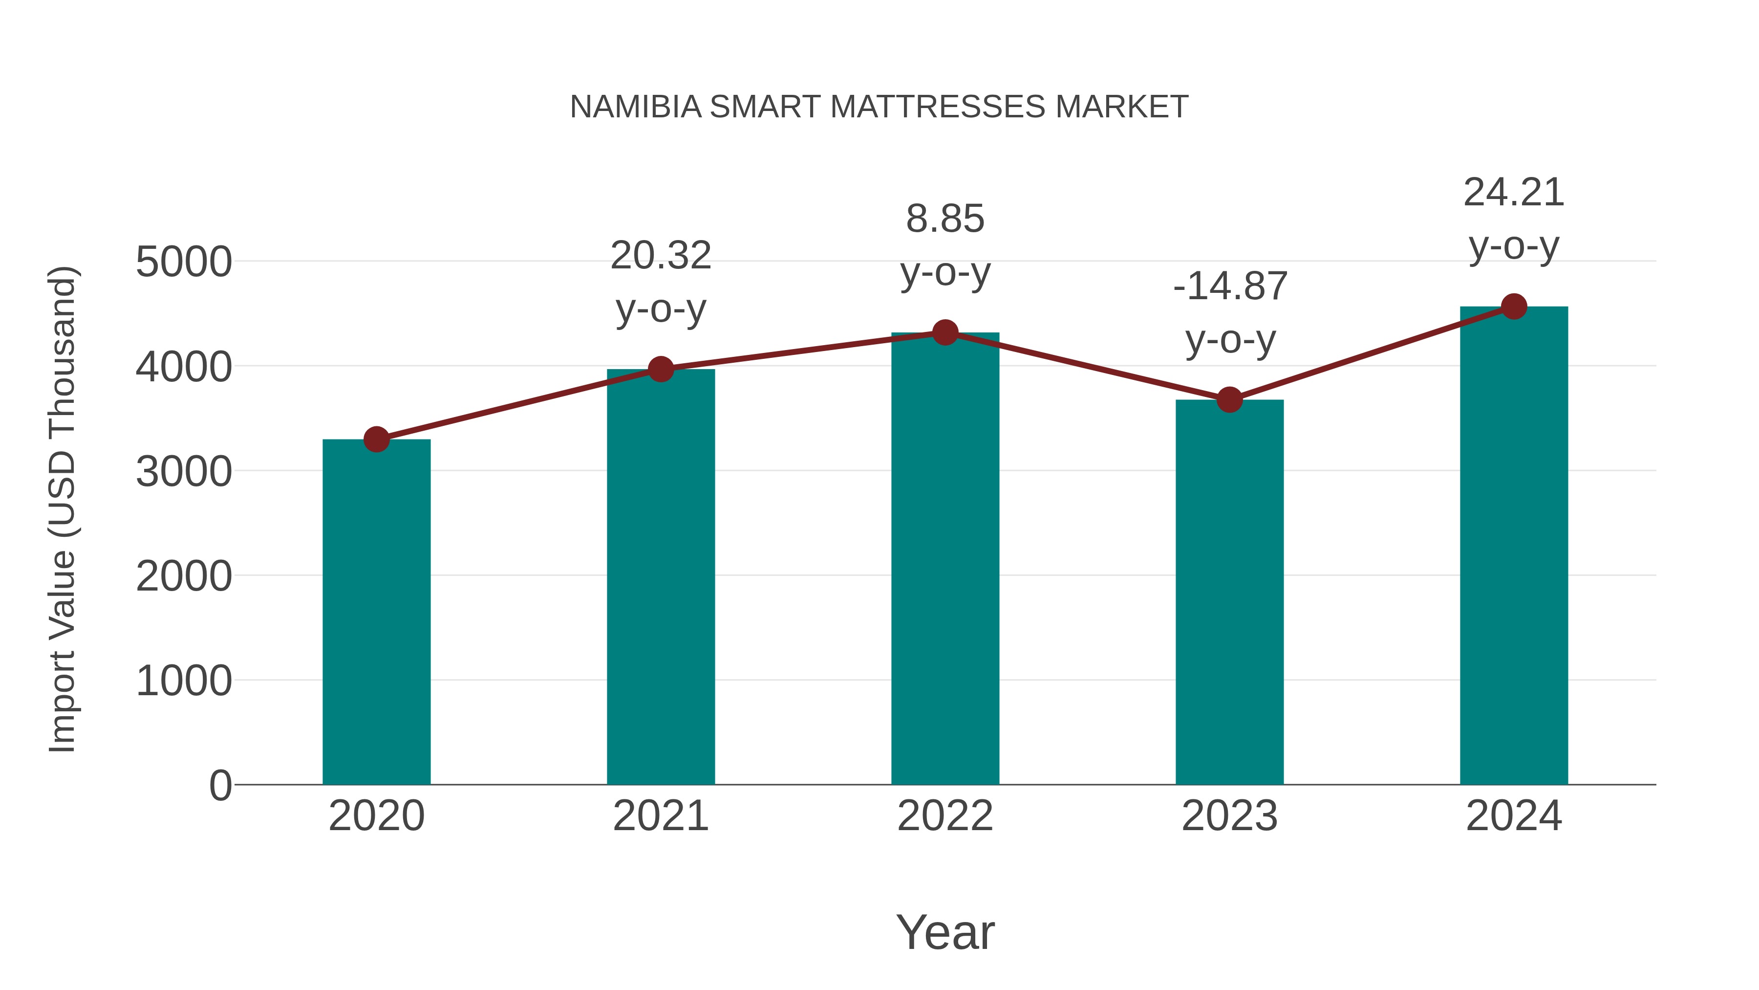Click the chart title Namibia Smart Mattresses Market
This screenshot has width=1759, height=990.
pos(879,107)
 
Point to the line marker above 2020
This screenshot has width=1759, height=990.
pos(376,440)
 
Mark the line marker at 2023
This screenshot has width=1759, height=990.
pos(1229,400)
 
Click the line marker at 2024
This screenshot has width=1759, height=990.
pos(1514,307)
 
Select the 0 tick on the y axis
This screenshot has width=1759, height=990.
pos(220,786)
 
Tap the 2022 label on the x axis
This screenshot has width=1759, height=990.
pos(945,816)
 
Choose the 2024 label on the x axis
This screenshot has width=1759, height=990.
pos(1514,816)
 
